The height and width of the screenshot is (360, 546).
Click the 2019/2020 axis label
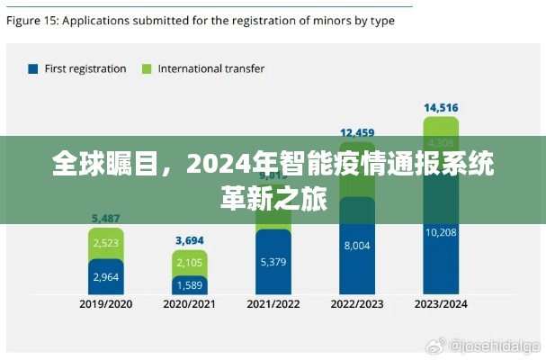(x=106, y=304)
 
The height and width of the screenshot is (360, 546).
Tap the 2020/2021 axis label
(x=190, y=304)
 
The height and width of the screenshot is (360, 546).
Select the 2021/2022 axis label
(x=273, y=304)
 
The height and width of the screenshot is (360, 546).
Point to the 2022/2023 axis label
(x=357, y=304)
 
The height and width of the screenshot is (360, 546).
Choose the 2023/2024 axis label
(x=441, y=304)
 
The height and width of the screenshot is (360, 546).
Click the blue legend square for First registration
(x=33, y=68)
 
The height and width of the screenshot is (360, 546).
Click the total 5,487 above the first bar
(x=106, y=218)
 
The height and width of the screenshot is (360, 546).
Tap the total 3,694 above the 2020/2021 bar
(x=190, y=240)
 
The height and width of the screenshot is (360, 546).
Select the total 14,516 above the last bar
(x=441, y=108)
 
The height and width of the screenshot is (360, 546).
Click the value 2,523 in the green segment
(x=106, y=242)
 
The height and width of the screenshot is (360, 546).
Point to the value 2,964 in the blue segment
(x=106, y=276)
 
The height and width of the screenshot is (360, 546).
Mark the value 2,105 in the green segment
(x=190, y=263)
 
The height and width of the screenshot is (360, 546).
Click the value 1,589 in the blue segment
(x=190, y=285)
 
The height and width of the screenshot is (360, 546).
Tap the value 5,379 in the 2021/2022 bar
(x=273, y=262)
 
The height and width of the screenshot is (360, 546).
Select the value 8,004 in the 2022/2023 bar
(x=357, y=244)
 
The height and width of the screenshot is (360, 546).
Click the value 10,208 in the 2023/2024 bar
(x=441, y=231)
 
